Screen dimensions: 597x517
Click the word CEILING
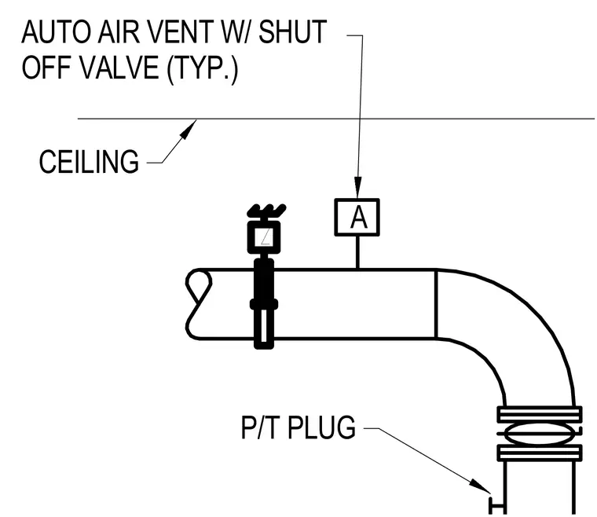click(x=89, y=162)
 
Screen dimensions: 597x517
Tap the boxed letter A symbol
click(x=357, y=218)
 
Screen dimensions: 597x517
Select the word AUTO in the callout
click(x=56, y=32)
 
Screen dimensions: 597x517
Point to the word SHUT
click(x=293, y=31)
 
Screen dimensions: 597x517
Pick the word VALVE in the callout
click(x=119, y=67)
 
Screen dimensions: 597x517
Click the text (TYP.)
click(x=203, y=68)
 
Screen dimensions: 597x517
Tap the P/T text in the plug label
click(x=261, y=427)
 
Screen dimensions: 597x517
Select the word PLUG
click(x=321, y=427)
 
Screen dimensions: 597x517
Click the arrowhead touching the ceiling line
click(x=188, y=130)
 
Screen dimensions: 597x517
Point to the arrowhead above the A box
click(x=357, y=187)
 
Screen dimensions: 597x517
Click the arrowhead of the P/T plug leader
click(x=480, y=486)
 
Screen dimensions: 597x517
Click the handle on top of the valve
click(x=266, y=211)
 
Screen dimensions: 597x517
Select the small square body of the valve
click(x=264, y=236)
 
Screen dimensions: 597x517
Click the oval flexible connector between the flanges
click(x=539, y=433)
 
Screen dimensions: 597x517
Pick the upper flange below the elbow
click(x=540, y=414)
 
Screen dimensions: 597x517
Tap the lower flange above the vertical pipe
click(x=540, y=453)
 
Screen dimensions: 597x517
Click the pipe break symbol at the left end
click(x=199, y=304)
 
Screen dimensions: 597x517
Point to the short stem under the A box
click(x=357, y=252)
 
